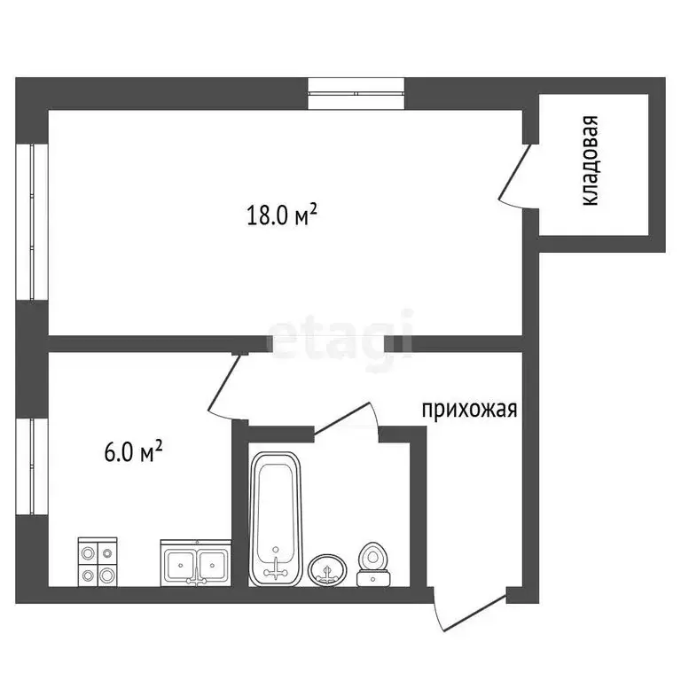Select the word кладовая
coord(591,161)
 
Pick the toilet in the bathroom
coord(374,565)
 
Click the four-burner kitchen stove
coord(97,562)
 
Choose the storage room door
coord(515,175)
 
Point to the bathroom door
coord(347,418)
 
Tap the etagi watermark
coord(340,337)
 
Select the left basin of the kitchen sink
coord(182,563)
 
